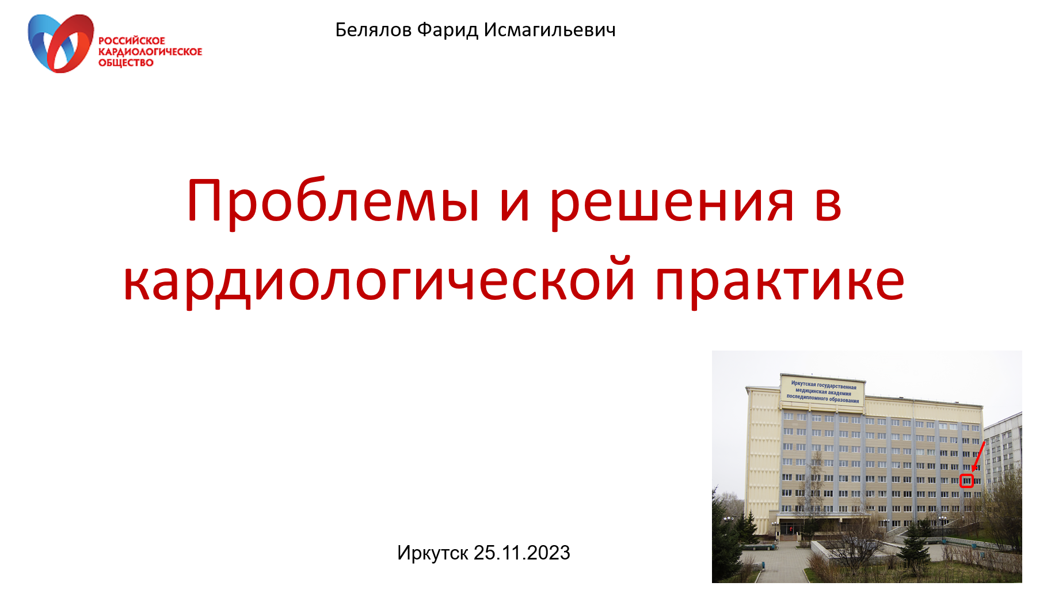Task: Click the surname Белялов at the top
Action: point(373,30)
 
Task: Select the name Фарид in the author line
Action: point(447,30)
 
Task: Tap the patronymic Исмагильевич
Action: point(550,30)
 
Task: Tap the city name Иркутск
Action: point(432,553)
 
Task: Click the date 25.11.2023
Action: point(521,553)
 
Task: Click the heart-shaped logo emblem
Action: point(60,44)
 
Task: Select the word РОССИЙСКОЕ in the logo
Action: point(132,41)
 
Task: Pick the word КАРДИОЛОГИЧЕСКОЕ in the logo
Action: point(150,52)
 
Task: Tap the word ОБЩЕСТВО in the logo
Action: point(126,63)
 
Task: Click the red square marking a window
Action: point(966,481)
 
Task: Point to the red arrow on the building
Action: point(978,456)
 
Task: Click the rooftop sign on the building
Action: point(822,391)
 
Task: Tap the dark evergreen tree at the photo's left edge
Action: point(726,535)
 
